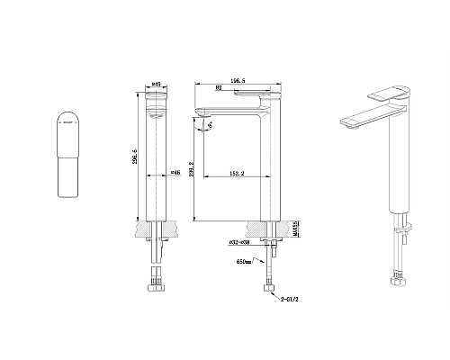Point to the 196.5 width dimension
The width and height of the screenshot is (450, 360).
[238, 80]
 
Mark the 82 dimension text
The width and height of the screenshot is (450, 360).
[220, 88]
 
